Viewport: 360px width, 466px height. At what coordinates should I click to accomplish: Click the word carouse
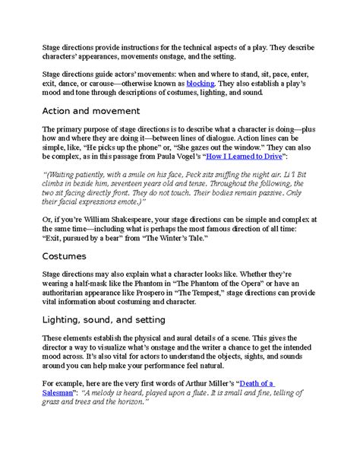click(99, 82)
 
